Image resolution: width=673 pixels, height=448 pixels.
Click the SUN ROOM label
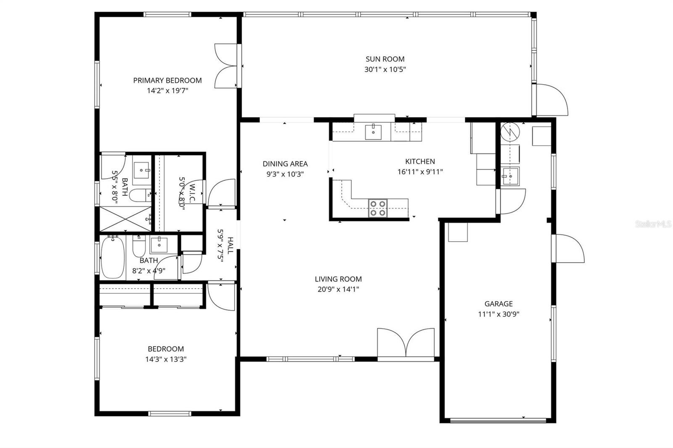pyautogui.click(x=384, y=59)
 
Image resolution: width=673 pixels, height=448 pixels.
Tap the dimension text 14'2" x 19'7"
pyautogui.click(x=167, y=90)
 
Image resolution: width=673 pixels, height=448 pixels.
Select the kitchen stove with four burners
pyautogui.click(x=377, y=208)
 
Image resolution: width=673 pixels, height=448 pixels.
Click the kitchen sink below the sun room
pyautogui.click(x=373, y=132)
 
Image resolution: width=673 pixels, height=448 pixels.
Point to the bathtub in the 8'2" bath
pyautogui.click(x=112, y=258)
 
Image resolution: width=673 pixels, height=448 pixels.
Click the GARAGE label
pyautogui.click(x=498, y=304)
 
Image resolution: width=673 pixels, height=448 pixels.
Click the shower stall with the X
pyautogui.click(x=126, y=219)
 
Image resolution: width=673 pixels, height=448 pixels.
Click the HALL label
pyautogui.click(x=230, y=245)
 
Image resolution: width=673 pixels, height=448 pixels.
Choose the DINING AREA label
pyautogui.click(x=285, y=164)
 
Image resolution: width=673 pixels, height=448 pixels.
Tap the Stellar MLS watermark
pyautogui.click(x=653, y=224)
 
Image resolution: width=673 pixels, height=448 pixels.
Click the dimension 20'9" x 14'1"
pyautogui.click(x=338, y=289)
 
